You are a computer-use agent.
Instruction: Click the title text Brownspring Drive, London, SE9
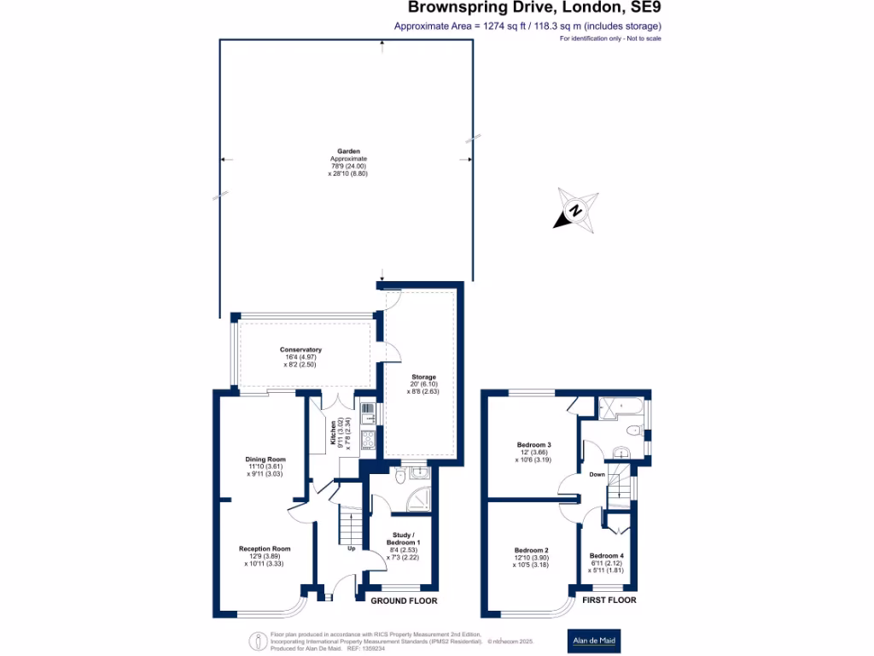[x=533, y=9]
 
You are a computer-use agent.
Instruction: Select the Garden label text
[x=348, y=151]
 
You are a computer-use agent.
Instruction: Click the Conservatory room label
[x=300, y=350]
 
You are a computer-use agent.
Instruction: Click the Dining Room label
[x=265, y=460]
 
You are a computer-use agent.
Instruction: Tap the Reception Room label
[x=265, y=548]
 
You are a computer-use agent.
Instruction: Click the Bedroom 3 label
[x=533, y=445]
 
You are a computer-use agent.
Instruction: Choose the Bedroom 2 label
[x=532, y=550]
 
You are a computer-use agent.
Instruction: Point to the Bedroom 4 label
[x=607, y=556]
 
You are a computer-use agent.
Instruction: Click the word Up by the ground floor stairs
[x=351, y=548]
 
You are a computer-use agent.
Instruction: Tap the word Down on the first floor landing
[x=597, y=474]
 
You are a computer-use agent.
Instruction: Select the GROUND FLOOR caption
[x=404, y=601]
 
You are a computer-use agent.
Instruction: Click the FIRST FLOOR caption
[x=609, y=601]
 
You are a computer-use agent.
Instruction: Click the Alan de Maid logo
[x=594, y=640]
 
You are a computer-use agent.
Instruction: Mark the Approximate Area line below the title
[x=527, y=26]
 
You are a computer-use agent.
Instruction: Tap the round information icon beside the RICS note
[x=257, y=640]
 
